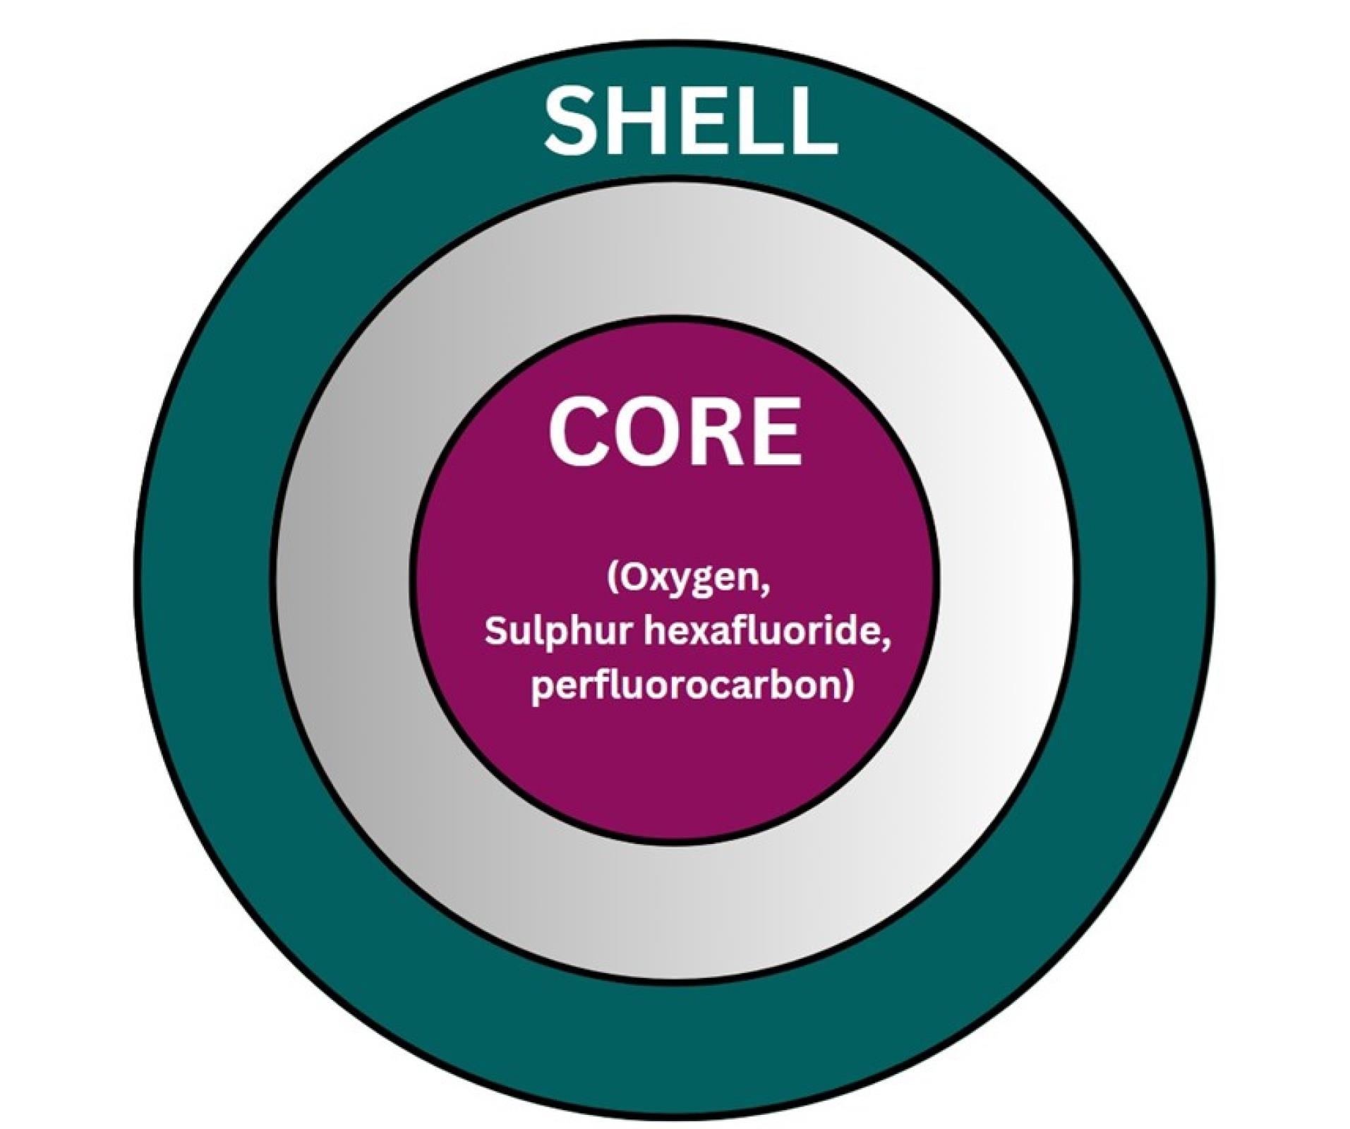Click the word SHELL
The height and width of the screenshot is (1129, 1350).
[689, 122]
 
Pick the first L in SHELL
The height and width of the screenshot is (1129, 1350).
[757, 122]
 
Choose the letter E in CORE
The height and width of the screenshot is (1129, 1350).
[774, 432]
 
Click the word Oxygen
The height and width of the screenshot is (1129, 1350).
[692, 581]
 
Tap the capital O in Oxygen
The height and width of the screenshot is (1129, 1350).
[632, 579]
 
